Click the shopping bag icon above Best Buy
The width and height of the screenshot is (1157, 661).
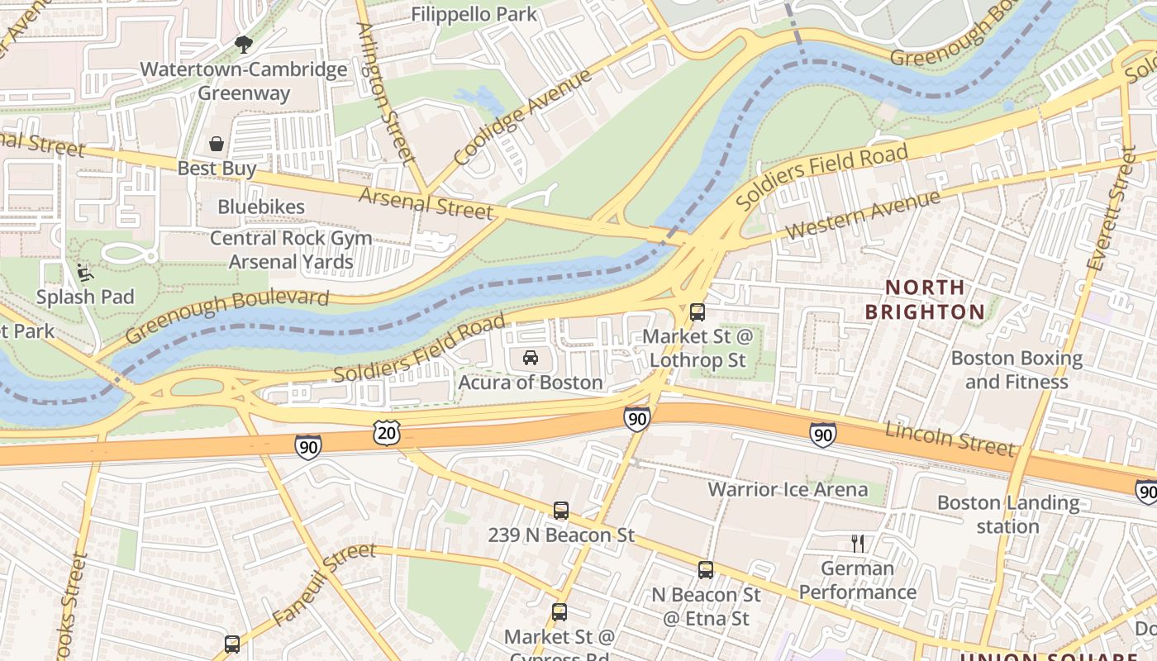[217, 144]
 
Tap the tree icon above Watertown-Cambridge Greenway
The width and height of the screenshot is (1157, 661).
[243, 44]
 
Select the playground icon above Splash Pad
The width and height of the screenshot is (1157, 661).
[83, 270]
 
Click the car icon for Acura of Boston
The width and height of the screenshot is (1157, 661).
[531, 358]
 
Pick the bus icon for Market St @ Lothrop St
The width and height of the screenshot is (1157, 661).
[698, 312]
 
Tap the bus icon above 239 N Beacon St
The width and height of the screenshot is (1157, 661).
[561, 511]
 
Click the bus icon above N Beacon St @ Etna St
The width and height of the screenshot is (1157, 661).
[705, 570]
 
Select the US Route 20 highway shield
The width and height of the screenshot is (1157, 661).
[386, 432]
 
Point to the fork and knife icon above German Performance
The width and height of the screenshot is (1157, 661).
[858, 544]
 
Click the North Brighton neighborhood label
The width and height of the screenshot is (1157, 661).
[925, 300]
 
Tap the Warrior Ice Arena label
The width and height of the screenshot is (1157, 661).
[788, 489]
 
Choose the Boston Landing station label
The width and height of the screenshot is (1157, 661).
[1007, 514]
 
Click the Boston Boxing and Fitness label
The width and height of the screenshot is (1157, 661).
[1017, 370]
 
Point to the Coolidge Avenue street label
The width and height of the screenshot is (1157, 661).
[522, 117]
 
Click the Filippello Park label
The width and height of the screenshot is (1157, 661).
[474, 14]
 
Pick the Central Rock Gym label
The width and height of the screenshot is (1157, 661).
[290, 238]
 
